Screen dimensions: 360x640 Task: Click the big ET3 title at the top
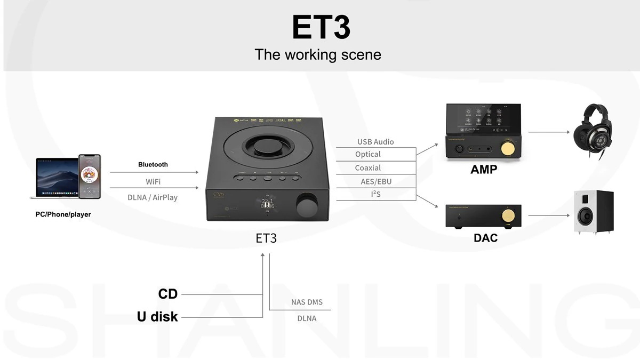[321, 27]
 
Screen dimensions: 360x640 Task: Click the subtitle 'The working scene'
[318, 54]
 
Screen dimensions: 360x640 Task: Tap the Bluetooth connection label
[153, 164]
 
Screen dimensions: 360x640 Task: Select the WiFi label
[153, 182]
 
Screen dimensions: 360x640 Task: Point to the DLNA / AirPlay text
[153, 197]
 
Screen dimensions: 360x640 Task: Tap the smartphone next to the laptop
[90, 177]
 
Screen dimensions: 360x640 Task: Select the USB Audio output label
[375, 142]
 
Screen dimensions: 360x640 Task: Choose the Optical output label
[368, 155]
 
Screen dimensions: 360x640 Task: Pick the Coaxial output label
[368, 168]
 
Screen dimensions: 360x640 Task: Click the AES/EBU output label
[376, 181]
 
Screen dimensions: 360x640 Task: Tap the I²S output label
[375, 194]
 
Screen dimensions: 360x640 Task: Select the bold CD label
[168, 294]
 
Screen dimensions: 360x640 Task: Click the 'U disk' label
[157, 317]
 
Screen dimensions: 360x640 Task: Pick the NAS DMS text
[307, 302]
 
